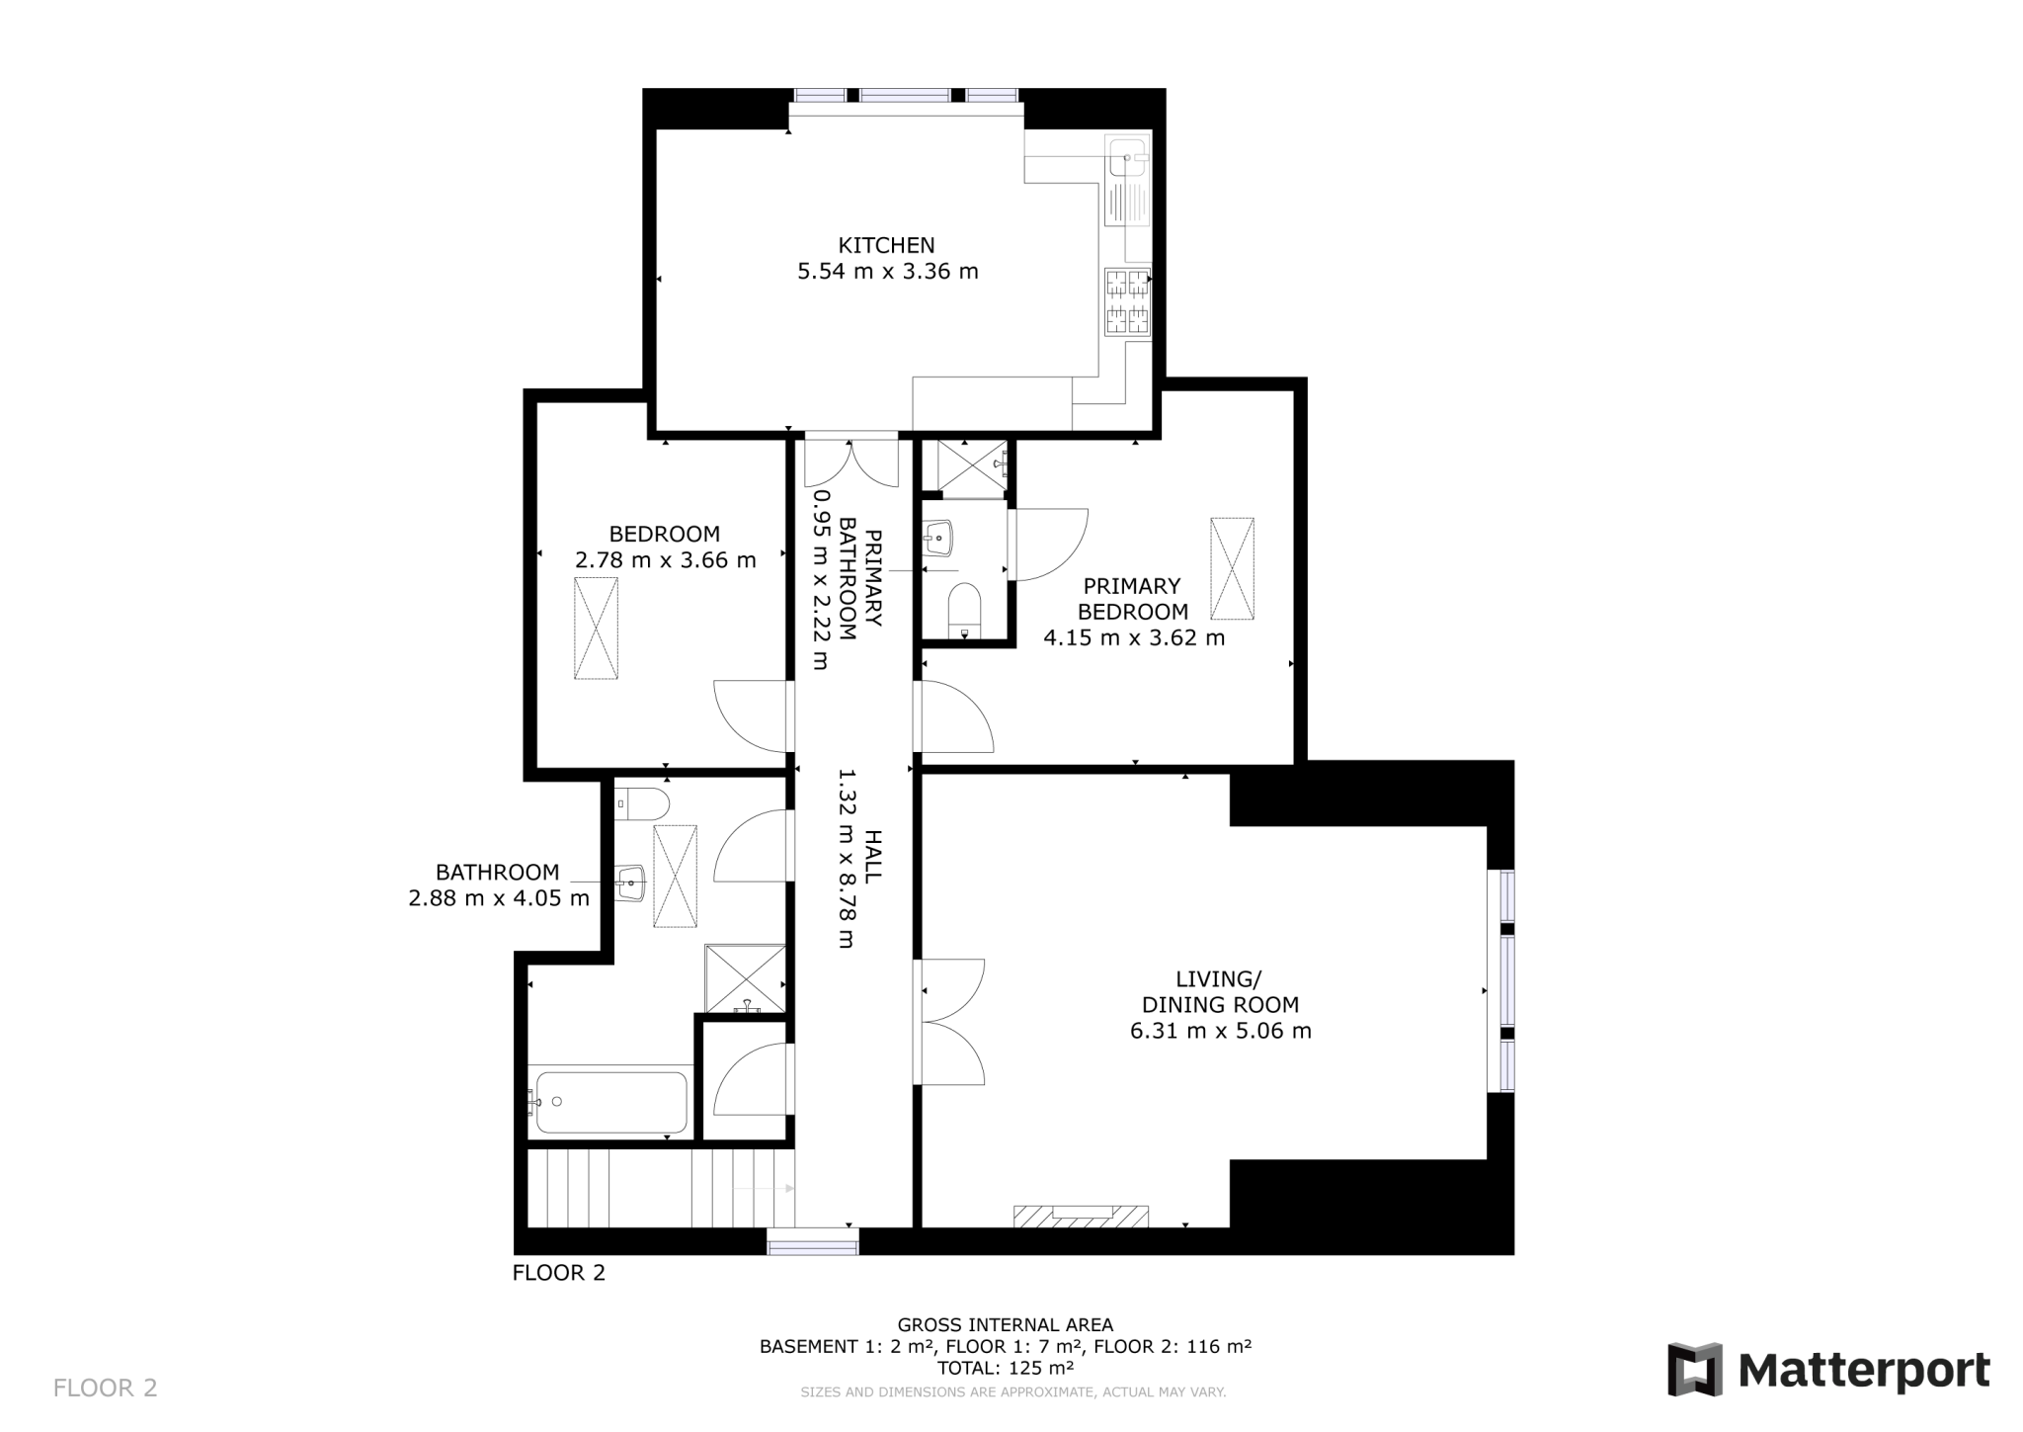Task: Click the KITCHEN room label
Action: pyautogui.click(x=886, y=245)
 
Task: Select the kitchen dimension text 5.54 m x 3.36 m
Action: pyautogui.click(x=888, y=271)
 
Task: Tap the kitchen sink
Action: pyautogui.click(x=1129, y=156)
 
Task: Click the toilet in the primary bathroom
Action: pyautogui.click(x=964, y=611)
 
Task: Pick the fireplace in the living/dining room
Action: pyautogui.click(x=1082, y=1216)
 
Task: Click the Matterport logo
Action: pyautogui.click(x=1829, y=1370)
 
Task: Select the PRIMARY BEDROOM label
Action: pyautogui.click(x=1133, y=599)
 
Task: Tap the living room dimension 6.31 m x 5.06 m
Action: pyautogui.click(x=1221, y=1031)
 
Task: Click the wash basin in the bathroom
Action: pyautogui.click(x=629, y=883)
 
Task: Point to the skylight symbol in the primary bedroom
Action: pyautogui.click(x=1232, y=568)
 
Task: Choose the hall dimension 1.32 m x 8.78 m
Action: pyautogui.click(x=846, y=859)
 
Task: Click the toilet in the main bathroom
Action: pyautogui.click(x=641, y=802)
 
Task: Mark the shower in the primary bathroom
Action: pyautogui.click(x=972, y=466)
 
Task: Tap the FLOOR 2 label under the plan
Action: pyautogui.click(x=559, y=1273)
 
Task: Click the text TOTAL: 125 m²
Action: pyautogui.click(x=1005, y=1369)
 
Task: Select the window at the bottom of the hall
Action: pyautogui.click(x=813, y=1241)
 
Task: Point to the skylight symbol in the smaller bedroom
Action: pyautogui.click(x=596, y=629)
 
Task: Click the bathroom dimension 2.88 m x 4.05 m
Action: pyautogui.click(x=499, y=898)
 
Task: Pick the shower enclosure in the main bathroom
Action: pyautogui.click(x=746, y=978)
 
